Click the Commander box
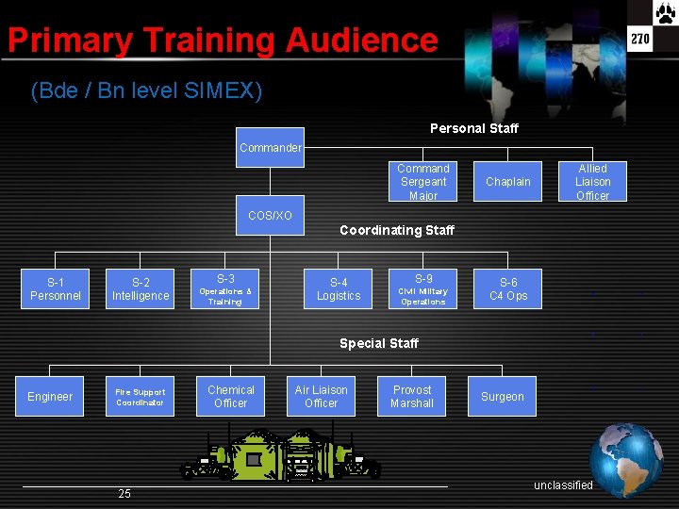pos(270,147)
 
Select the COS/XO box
pos(270,216)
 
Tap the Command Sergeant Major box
pos(423,182)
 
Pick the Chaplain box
pos(508,182)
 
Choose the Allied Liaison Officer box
pos(593,182)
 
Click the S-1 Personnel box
pos(56,289)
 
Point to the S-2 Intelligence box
pos(141,289)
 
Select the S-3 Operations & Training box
pos(225,289)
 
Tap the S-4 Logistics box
pos(339,289)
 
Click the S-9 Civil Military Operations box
pos(423,289)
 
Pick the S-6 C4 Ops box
pos(508,289)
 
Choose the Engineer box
pos(50,397)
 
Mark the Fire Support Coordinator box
pos(141,397)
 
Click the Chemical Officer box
pos(231,397)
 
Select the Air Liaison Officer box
pos(322,397)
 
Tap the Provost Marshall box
pos(412,397)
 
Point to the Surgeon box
pos(503,397)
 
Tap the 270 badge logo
pos(641,39)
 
